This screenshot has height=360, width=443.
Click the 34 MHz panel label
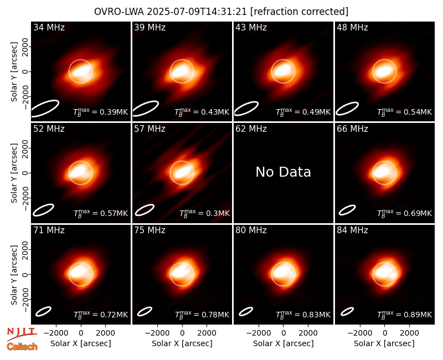click(x=49, y=27)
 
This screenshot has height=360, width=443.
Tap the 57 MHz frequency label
click(x=150, y=129)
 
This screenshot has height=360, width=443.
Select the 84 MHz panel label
click(x=352, y=230)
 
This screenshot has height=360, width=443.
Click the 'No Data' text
click(x=283, y=172)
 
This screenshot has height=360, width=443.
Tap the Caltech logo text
click(x=22, y=347)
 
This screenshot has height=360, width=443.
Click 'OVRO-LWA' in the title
click(x=119, y=12)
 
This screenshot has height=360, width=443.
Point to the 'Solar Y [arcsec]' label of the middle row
click(x=14, y=173)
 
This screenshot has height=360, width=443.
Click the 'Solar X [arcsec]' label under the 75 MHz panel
click(x=182, y=343)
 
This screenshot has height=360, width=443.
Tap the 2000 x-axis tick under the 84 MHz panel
click(x=409, y=333)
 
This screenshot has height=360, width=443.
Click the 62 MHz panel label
click(x=251, y=129)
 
